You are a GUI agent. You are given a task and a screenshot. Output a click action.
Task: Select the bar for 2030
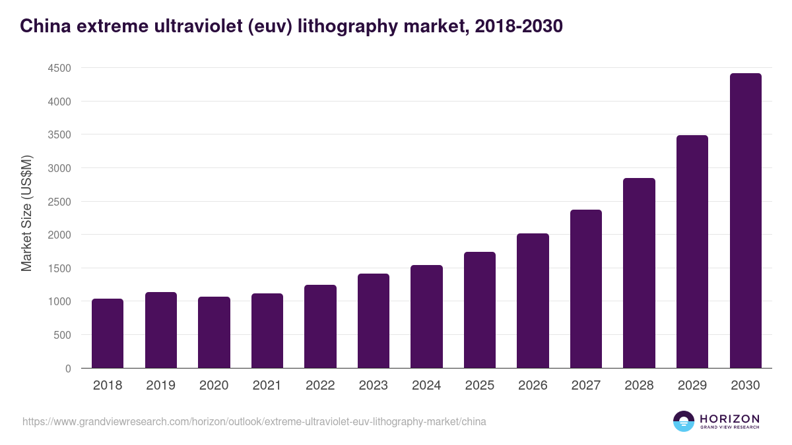point(745,221)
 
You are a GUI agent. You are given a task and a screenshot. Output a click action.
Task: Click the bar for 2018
point(108,334)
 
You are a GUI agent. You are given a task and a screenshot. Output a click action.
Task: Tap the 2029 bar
point(692,252)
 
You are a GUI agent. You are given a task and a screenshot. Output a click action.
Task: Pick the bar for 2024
point(426,316)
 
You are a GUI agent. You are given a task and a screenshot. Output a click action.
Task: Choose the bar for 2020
point(214,332)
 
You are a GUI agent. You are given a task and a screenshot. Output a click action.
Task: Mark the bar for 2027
point(586,289)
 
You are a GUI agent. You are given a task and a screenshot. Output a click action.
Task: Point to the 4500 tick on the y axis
point(59,68)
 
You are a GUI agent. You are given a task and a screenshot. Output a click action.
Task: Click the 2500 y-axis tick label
point(59,202)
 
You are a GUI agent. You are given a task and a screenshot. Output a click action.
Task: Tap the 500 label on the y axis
point(63,335)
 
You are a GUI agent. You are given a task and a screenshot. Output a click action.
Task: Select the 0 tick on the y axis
point(68,369)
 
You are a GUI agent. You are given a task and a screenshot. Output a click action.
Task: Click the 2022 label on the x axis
point(320,386)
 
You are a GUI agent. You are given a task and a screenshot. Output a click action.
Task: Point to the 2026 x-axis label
point(533,386)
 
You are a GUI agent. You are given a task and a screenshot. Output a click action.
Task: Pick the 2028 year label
point(639,386)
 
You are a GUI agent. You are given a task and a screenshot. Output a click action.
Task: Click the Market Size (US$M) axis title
point(26,214)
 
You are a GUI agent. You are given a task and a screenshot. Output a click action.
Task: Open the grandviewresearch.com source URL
point(254,421)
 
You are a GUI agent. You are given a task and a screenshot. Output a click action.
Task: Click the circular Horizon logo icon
point(684,421)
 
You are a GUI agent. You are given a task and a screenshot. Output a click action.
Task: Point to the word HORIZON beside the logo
point(729,419)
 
